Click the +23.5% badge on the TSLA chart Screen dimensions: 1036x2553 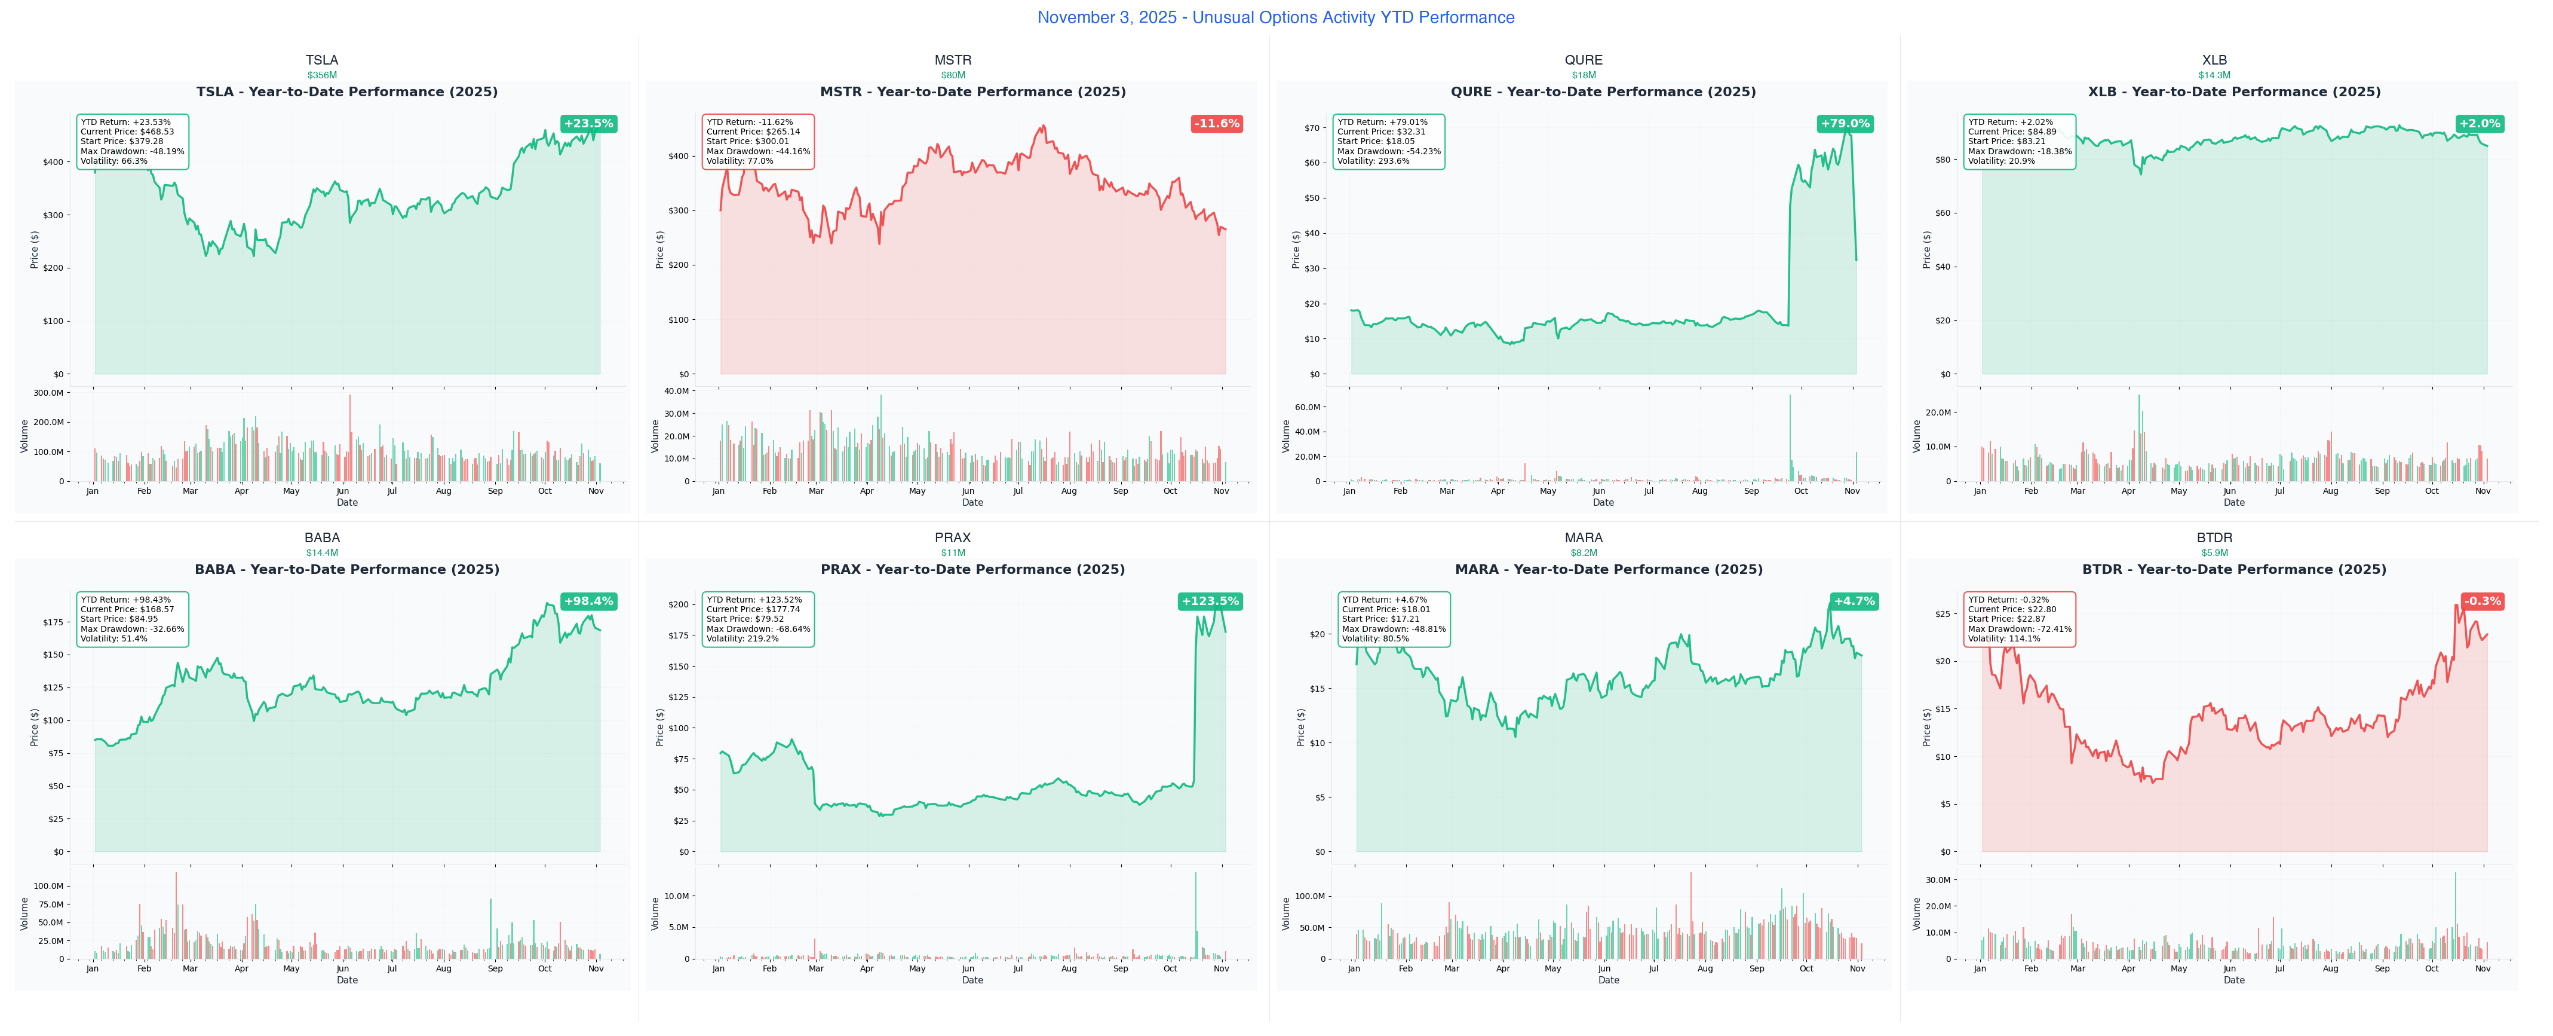589,124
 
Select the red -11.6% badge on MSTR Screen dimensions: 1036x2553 1216,124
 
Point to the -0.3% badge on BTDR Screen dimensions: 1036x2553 2483,601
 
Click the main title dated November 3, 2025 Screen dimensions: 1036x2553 1275,17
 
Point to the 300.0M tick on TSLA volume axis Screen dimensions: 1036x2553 48,393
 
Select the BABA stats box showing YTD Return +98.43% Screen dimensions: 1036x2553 132,619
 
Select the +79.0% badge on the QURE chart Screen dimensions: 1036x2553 1845,124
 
